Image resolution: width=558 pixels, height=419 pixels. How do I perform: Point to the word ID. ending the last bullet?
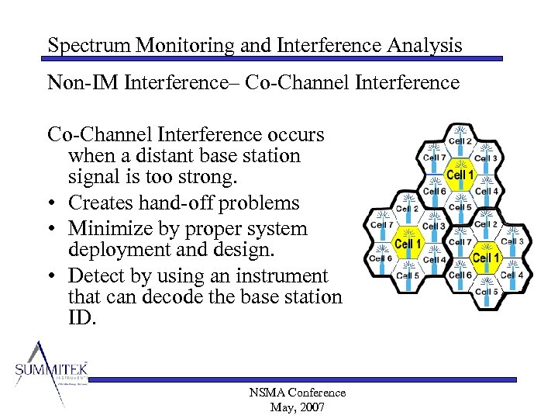[81, 317]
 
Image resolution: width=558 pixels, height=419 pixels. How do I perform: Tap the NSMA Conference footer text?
[298, 393]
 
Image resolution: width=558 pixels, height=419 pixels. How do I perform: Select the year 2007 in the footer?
[311, 407]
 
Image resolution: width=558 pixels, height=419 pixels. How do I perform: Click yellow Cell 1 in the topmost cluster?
[460, 175]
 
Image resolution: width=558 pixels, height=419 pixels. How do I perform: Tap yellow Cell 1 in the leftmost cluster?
[408, 244]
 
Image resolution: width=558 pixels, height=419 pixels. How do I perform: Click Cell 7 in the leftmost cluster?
[382, 225]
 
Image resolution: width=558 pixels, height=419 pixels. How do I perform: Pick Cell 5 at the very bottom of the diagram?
[486, 292]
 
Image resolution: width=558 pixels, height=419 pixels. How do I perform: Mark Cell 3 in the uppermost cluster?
[486, 158]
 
